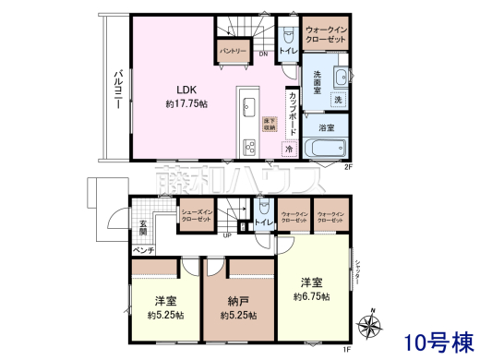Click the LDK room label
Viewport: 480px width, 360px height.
coord(176,90)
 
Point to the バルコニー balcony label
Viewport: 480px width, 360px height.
coord(118,90)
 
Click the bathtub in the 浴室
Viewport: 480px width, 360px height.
coord(326,149)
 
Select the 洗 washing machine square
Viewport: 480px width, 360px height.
coord(338,99)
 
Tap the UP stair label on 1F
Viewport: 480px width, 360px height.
coord(227,234)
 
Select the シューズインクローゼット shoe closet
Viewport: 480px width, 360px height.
coord(198,216)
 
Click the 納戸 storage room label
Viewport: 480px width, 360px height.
coord(237,301)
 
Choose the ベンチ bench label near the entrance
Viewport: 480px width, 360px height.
coord(143,250)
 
